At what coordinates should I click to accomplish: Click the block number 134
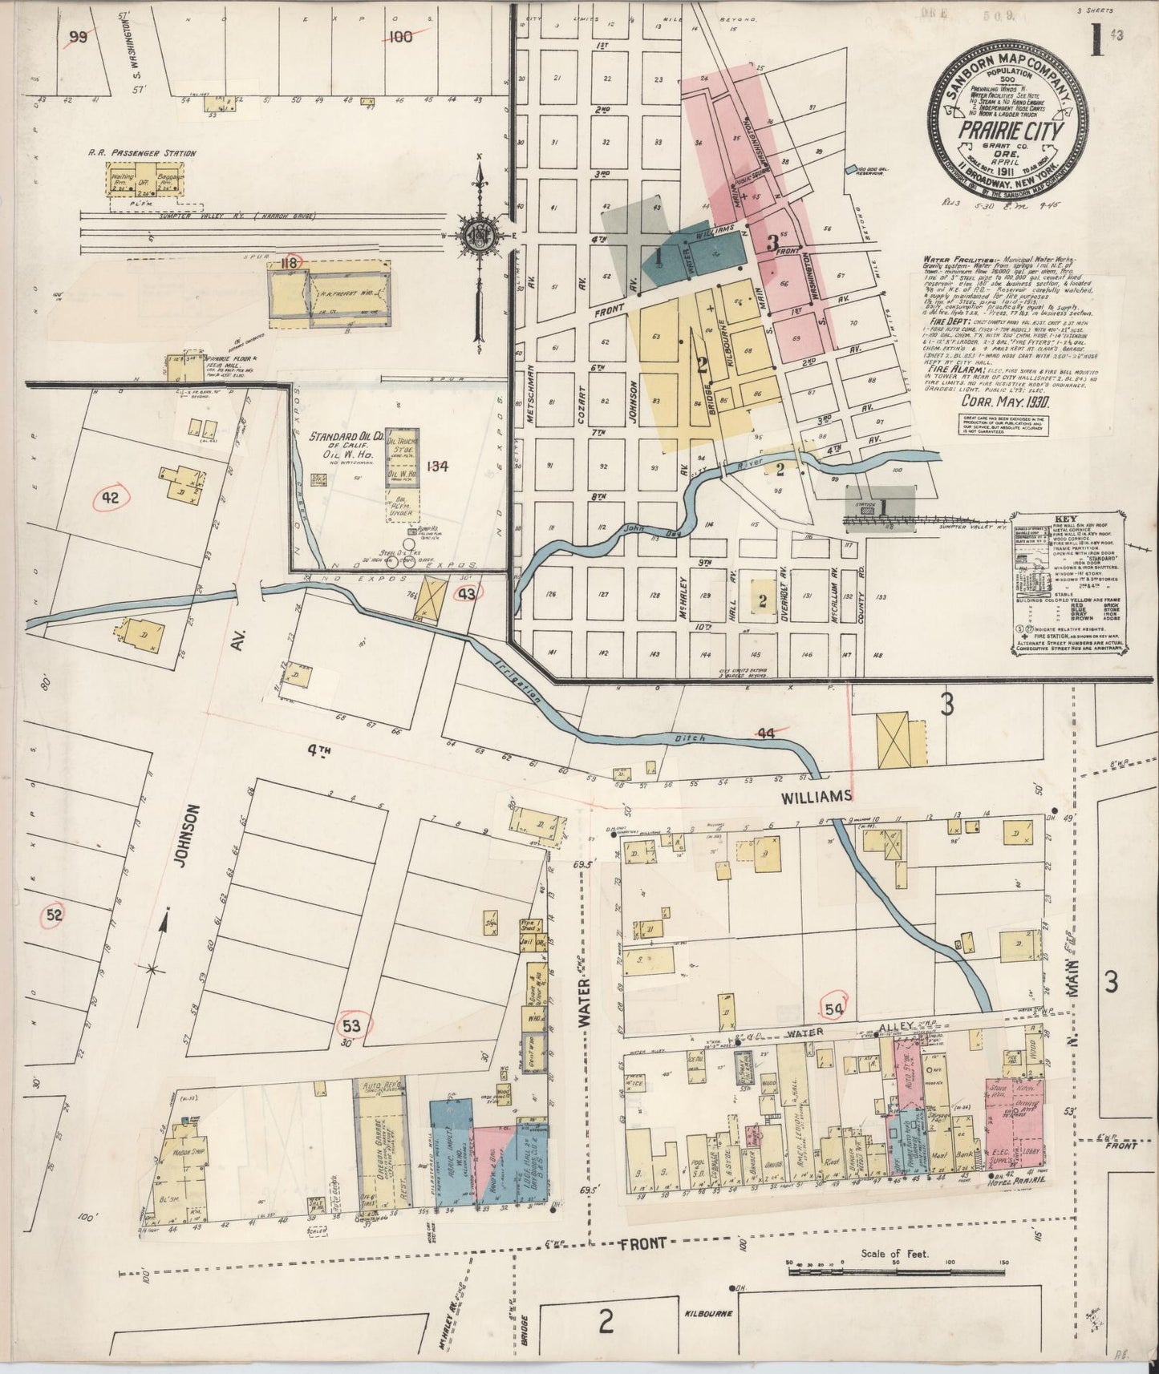click(x=438, y=466)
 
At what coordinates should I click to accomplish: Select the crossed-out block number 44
click(x=766, y=733)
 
